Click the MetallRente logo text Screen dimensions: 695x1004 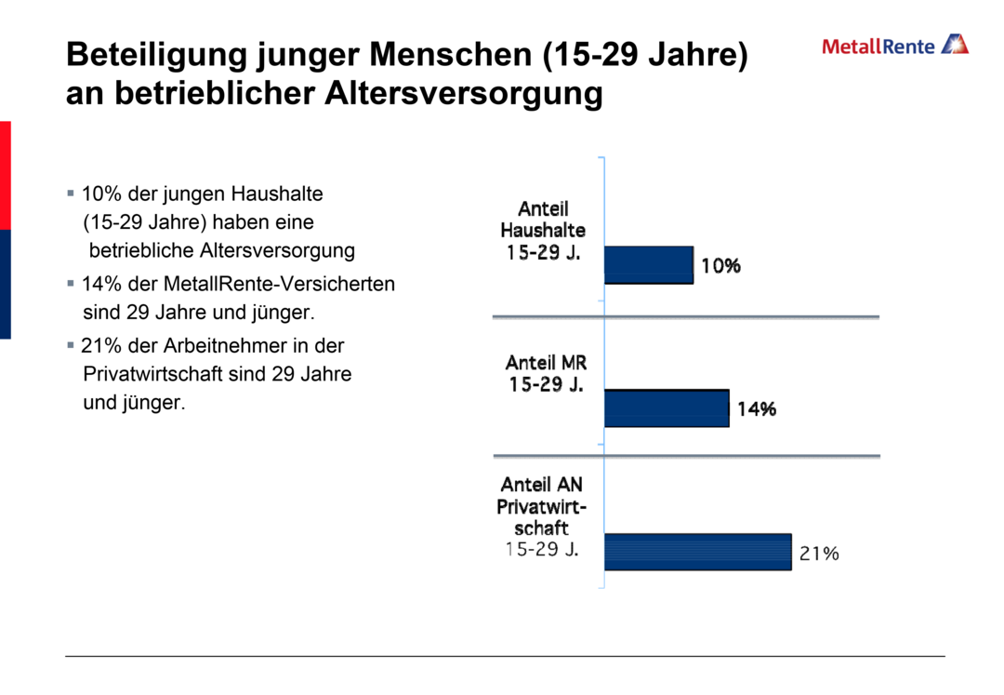(x=878, y=46)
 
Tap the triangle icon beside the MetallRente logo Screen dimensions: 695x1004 (x=955, y=44)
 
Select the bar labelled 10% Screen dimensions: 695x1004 (x=648, y=265)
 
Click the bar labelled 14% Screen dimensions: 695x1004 (x=666, y=408)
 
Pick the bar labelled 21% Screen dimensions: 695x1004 (x=697, y=552)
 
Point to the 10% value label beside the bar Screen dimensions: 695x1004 (x=720, y=266)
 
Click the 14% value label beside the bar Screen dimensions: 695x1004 (x=757, y=409)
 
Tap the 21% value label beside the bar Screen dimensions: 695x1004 (x=819, y=554)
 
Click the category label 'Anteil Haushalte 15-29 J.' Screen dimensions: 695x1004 (x=543, y=230)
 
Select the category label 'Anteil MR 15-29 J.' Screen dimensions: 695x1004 (x=546, y=373)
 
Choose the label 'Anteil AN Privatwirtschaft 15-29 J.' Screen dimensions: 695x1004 (x=541, y=516)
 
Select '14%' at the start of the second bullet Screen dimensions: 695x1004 (x=99, y=284)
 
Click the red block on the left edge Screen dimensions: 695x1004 (x=5, y=174)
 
